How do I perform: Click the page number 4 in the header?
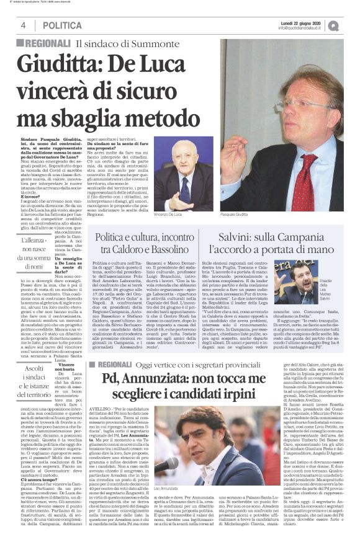[23, 25]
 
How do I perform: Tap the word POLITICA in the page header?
[62, 25]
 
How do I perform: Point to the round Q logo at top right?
[351, 25]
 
